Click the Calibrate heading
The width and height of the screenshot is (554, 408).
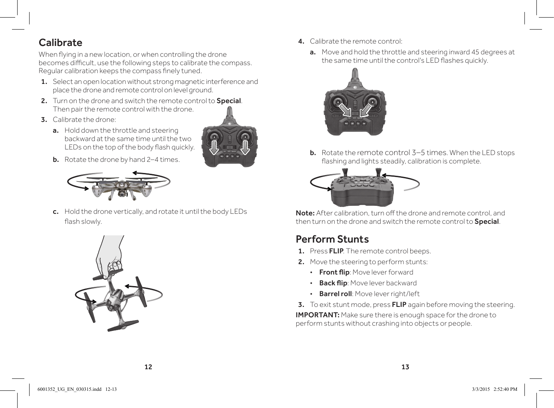tap(60, 43)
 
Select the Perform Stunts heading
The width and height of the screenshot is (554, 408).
tap(332, 239)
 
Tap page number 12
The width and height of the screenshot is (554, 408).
tap(148, 367)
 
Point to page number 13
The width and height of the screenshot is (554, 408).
tap(405, 367)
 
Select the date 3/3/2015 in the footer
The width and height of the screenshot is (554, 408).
tap(481, 389)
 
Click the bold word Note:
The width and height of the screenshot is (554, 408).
tap(305, 213)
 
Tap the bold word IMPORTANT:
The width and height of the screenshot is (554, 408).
tap(317, 315)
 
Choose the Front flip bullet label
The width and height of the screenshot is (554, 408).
tap(334, 272)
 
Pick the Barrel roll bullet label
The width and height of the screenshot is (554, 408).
tap(335, 294)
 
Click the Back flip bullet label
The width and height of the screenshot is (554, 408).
tap(333, 283)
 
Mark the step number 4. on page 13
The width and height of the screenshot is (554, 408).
tap(301, 41)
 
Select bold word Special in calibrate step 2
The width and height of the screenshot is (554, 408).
tap(228, 101)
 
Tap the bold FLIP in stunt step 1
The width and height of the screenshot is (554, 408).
tap(336, 251)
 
